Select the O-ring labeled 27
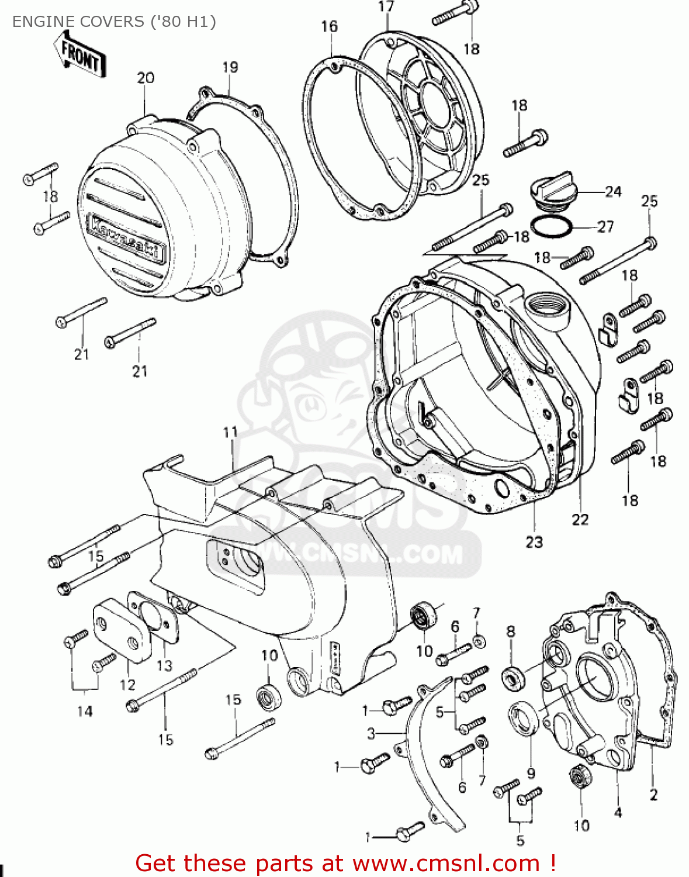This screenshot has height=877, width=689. [552, 226]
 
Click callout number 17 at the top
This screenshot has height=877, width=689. [386, 7]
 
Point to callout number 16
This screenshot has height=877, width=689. [329, 26]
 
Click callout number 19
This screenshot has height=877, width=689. [230, 67]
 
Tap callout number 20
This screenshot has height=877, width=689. [146, 78]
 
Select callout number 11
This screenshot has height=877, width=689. [231, 432]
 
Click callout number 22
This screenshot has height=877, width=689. [580, 519]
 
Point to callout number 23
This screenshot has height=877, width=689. [534, 542]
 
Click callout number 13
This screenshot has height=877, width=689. [165, 665]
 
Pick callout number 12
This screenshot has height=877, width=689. [127, 684]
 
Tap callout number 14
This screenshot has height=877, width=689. [85, 711]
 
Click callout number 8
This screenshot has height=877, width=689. [511, 631]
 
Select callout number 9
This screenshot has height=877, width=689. [531, 774]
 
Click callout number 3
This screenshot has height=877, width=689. [371, 733]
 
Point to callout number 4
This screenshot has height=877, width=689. [618, 812]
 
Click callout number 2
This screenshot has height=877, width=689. [653, 795]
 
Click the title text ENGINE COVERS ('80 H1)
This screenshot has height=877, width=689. [114, 22]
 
